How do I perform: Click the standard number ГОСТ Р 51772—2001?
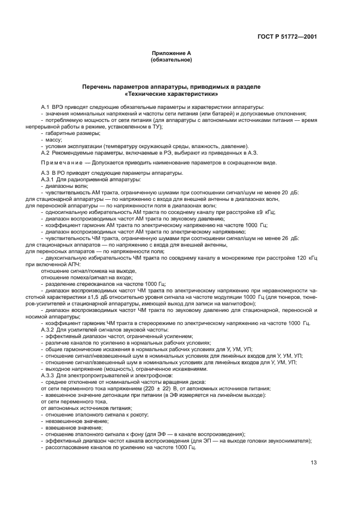pyautogui.click(x=287, y=37)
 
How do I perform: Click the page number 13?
pyautogui.click(x=314, y=463)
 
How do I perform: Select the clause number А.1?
pyautogui.click(x=46, y=107)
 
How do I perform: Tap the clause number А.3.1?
pyautogui.click(x=49, y=179)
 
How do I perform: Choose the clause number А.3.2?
pyautogui.click(x=49, y=330)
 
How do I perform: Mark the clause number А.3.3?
pyautogui.click(x=49, y=376)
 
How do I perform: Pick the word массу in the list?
pyautogui.click(x=54, y=140)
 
